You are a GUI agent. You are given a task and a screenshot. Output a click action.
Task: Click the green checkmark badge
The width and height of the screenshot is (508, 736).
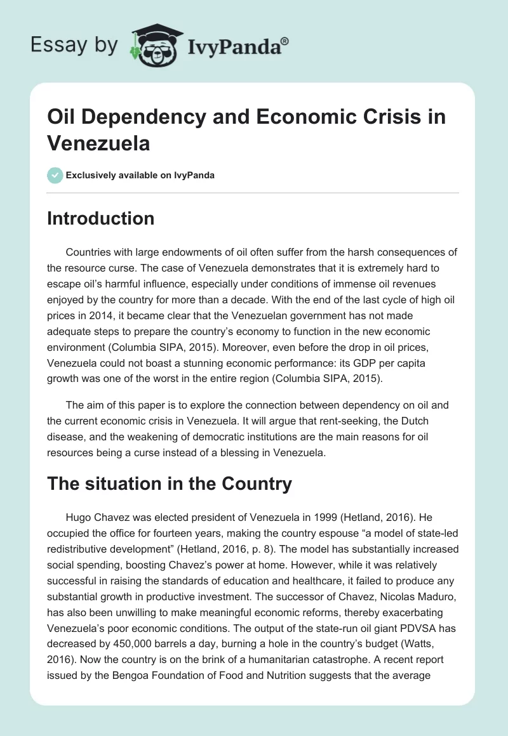(55, 175)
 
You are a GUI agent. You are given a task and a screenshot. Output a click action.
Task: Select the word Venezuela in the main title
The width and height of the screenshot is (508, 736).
(98, 143)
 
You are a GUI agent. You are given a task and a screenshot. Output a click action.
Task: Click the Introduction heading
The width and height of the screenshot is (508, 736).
(100, 218)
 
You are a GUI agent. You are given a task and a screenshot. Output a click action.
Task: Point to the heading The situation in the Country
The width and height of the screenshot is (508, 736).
(170, 484)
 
